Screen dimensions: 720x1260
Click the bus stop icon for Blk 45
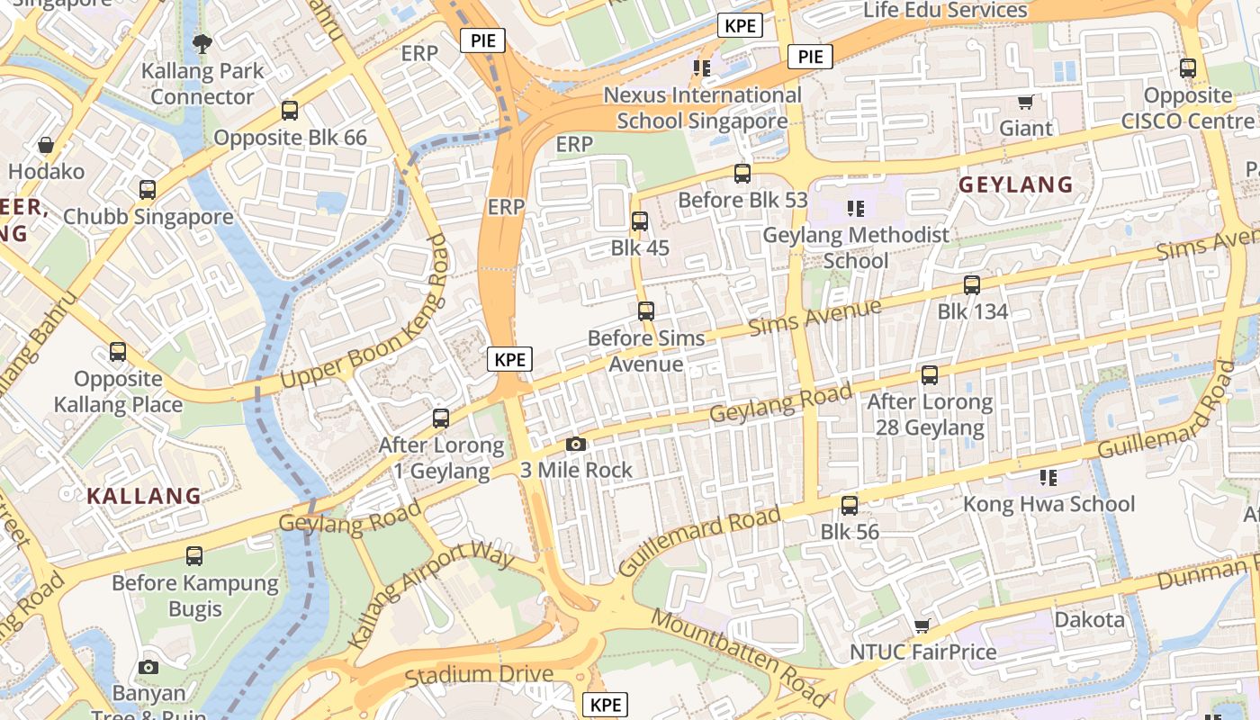point(640,220)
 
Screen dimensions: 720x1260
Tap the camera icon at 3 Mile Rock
point(576,444)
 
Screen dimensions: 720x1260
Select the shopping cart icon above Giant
point(1025,102)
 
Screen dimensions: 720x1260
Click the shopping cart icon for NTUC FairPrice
point(922,625)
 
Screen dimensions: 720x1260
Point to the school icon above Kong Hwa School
point(1048,477)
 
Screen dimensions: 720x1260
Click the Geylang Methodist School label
point(856,247)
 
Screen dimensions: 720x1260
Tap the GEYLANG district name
point(1015,184)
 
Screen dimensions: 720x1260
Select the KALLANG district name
point(144,495)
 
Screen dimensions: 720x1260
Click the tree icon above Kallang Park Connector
point(202,43)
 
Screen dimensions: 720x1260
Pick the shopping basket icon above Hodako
point(46,145)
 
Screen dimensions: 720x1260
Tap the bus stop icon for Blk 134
point(972,285)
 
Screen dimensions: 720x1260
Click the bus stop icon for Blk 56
point(850,506)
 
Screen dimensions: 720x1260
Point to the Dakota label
point(1089,619)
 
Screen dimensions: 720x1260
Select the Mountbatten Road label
point(740,657)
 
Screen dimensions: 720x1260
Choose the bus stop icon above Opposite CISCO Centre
point(1188,67)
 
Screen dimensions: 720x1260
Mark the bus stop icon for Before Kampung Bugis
point(194,556)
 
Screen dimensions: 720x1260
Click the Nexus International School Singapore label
point(702,107)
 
